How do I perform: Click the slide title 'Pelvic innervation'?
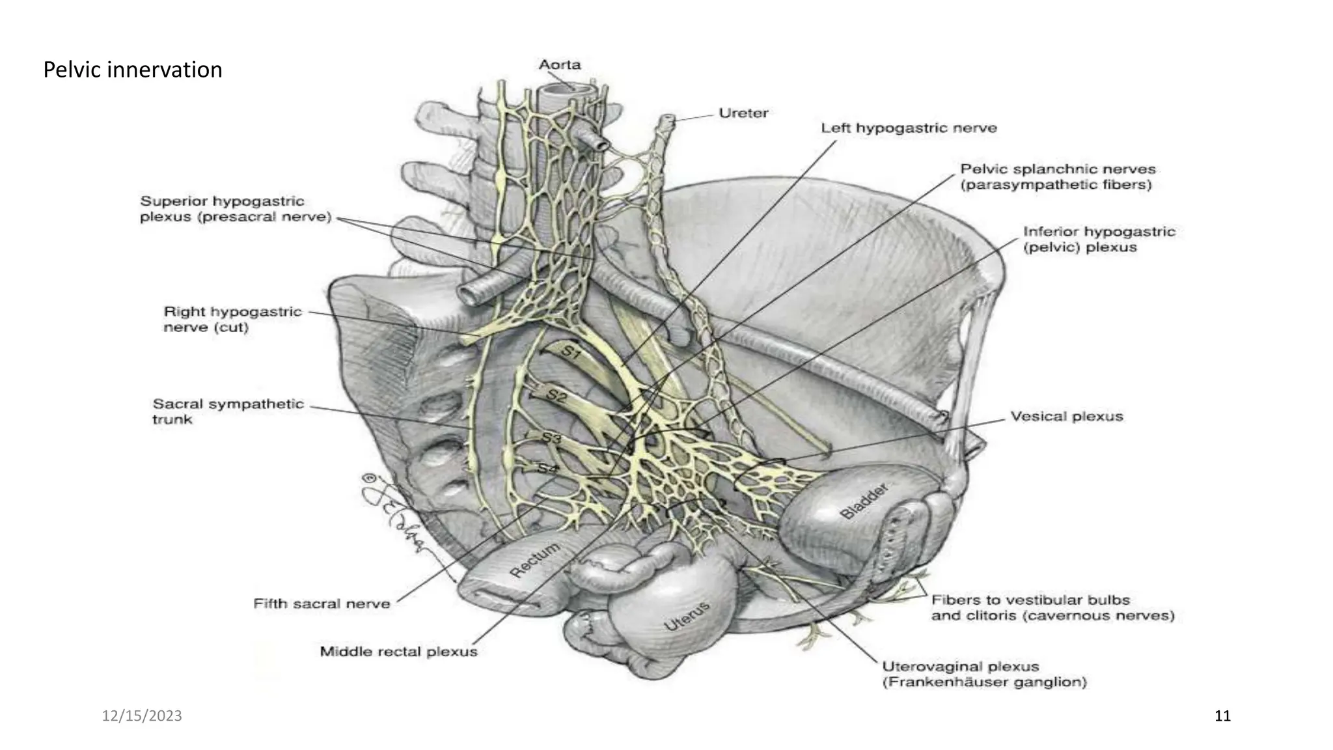coord(133,70)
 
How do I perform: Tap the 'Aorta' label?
coord(560,64)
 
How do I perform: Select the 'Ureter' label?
coord(743,113)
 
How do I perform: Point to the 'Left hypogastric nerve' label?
coord(909,128)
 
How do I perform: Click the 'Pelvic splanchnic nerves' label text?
coord(1058,169)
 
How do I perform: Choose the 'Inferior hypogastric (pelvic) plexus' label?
coord(1099,239)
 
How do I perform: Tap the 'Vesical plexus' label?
coord(1066,416)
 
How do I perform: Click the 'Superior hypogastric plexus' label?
coord(223,208)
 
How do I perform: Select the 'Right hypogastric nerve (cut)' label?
coord(232,319)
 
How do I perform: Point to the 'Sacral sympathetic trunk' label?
coord(228,411)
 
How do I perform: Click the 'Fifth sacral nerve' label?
coord(322,604)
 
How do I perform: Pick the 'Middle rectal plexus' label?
coord(398,651)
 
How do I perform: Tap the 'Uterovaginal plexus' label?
coord(960,666)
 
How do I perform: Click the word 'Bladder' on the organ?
coord(864,501)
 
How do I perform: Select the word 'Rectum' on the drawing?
coord(534,560)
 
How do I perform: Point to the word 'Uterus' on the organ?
coord(686,617)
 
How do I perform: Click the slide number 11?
coord(1222,716)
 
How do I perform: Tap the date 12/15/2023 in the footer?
coord(142,716)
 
